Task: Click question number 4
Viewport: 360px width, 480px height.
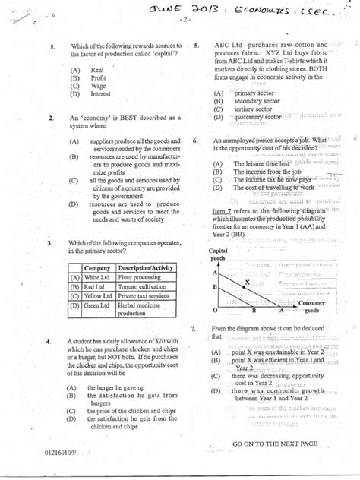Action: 49,342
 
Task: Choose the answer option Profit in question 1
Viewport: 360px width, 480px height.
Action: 98,77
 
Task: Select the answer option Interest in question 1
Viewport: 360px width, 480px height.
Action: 100,94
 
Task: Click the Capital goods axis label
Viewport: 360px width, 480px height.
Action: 219,254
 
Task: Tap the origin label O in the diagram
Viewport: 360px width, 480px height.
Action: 215,311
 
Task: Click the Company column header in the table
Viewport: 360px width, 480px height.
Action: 98,269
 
